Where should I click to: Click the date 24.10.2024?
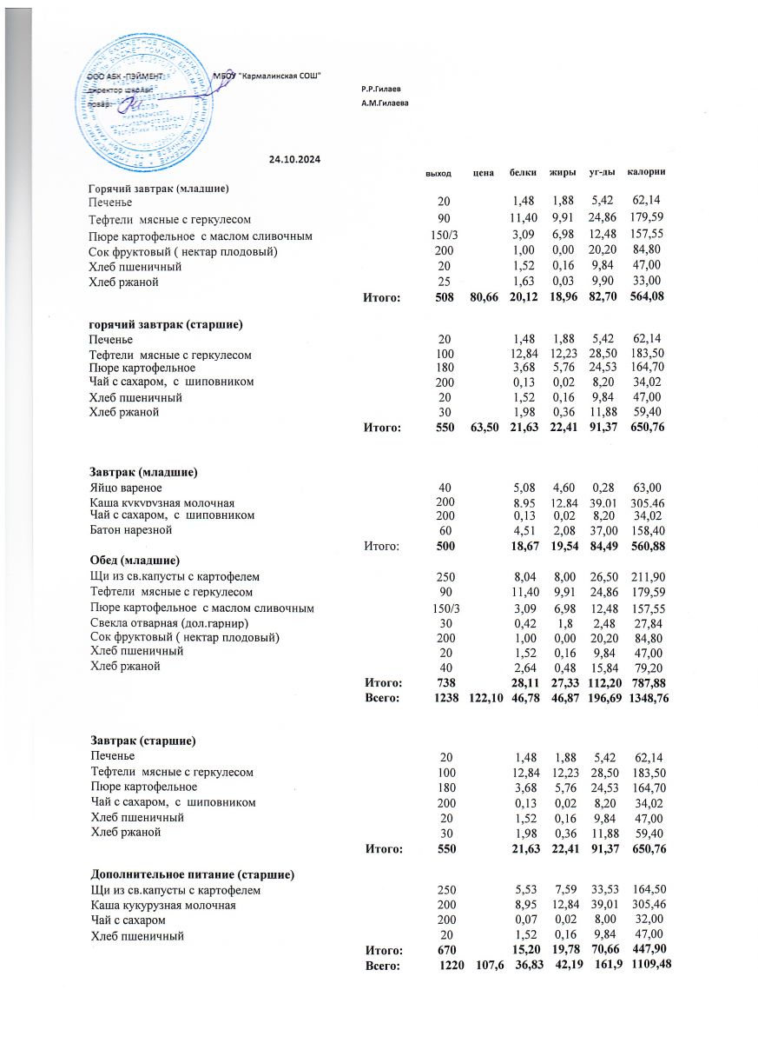pos(295,159)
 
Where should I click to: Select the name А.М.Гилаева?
pos(384,103)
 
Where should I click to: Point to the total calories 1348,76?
pos(649,698)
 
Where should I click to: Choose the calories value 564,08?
pos(647,298)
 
